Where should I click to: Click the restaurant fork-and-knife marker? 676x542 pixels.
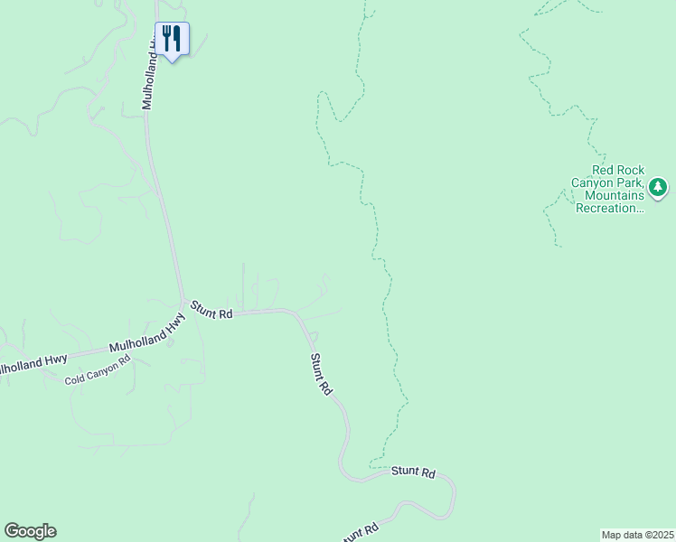pos(172,39)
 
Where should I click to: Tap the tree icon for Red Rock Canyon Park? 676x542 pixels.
pos(659,188)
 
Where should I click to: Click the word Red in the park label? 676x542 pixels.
pos(604,170)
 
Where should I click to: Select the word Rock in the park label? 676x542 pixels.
pos(633,170)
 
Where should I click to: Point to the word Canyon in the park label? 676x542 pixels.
pos(591,182)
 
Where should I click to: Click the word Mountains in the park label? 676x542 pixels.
pos(615,195)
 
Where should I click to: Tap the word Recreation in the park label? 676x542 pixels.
pos(614,208)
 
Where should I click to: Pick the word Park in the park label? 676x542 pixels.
pos(630,182)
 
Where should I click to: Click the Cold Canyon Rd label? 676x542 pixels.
pos(98,369)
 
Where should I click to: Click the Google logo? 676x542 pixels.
pos(30,531)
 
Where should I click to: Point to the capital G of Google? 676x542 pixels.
pos(12,530)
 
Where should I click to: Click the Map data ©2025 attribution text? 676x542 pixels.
pos(637,534)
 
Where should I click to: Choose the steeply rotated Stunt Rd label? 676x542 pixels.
pos(321,374)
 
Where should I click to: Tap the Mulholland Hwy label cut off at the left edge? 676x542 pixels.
pos(33,363)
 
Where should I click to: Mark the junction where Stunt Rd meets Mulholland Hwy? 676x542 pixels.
pos(184,303)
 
